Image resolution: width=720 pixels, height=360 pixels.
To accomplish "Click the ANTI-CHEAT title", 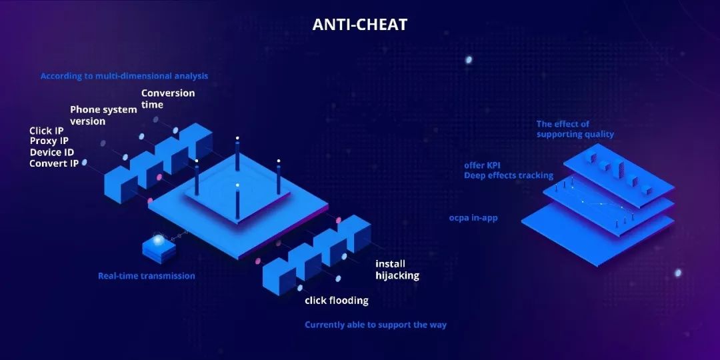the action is pos(359,25).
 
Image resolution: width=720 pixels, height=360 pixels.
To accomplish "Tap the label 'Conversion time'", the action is pos(167,99).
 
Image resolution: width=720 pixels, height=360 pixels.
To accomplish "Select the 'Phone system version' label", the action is pos(103,115).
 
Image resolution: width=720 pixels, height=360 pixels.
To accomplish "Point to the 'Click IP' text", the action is pos(47,131).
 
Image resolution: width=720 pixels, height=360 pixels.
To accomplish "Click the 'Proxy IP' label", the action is pos(49,141).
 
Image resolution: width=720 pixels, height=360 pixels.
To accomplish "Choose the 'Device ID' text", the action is pos(52,152).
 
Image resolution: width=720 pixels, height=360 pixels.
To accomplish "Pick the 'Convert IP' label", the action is pos(54,163).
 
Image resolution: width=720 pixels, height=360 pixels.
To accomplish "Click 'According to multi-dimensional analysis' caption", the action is pos(124,76).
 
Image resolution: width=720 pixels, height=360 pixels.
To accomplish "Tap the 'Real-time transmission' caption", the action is pos(147,276).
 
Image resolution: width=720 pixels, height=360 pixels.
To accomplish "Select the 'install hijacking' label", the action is pos(397,269).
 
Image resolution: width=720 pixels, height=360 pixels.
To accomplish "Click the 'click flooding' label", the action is pos(337,301).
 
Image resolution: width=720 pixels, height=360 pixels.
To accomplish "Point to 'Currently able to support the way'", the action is pos(375,325).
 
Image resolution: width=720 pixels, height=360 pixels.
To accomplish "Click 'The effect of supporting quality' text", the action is pos(575,129).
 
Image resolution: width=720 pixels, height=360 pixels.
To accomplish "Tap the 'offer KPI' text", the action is pos(479,165).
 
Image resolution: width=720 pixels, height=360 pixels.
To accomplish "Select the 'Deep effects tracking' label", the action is pos(508,175).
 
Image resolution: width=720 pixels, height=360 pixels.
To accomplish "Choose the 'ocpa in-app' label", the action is pos(473,217).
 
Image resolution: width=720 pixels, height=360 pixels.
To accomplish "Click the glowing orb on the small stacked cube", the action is pos(159,239).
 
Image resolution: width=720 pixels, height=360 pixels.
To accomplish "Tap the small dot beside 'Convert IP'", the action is pos(85,162).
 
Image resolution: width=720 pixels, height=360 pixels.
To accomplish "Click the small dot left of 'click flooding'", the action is pos(299,288).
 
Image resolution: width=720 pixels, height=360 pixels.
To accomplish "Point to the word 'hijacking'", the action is pos(397,275).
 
